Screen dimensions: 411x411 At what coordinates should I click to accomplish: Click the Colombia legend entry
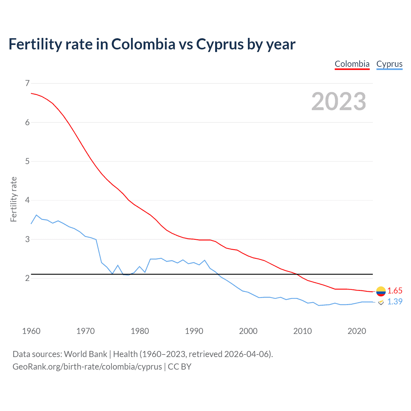click(x=352, y=64)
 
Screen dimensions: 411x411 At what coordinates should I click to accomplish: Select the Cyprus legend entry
click(x=389, y=64)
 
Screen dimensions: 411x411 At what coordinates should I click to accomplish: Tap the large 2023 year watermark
click(x=338, y=101)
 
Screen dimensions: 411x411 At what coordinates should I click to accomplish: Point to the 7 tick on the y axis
click(x=27, y=83)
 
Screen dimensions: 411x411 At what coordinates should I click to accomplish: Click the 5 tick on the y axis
click(x=27, y=161)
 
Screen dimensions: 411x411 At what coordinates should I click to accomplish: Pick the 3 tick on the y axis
click(x=27, y=239)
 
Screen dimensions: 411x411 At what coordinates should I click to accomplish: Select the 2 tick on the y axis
click(x=27, y=278)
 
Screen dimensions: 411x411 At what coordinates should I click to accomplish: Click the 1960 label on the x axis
click(x=31, y=331)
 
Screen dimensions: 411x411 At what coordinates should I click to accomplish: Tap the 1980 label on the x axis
click(x=140, y=331)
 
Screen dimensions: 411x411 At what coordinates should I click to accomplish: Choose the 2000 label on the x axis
click(x=248, y=331)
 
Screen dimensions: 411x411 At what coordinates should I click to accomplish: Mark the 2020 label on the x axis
click(x=357, y=331)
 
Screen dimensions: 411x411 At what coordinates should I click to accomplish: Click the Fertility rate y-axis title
click(x=13, y=199)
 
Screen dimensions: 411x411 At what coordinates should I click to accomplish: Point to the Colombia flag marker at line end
click(x=381, y=291)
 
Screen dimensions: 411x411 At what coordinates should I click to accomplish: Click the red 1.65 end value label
click(x=395, y=291)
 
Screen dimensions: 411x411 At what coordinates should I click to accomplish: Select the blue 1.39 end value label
click(x=395, y=302)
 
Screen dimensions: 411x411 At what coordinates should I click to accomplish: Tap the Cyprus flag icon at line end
click(x=381, y=302)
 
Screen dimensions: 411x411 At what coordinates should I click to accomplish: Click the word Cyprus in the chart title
click(x=220, y=44)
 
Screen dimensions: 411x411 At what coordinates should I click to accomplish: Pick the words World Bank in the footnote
click(x=85, y=354)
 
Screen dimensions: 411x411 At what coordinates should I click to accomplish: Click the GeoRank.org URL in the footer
click(x=87, y=367)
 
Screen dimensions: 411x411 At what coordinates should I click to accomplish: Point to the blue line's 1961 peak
click(x=36, y=215)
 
